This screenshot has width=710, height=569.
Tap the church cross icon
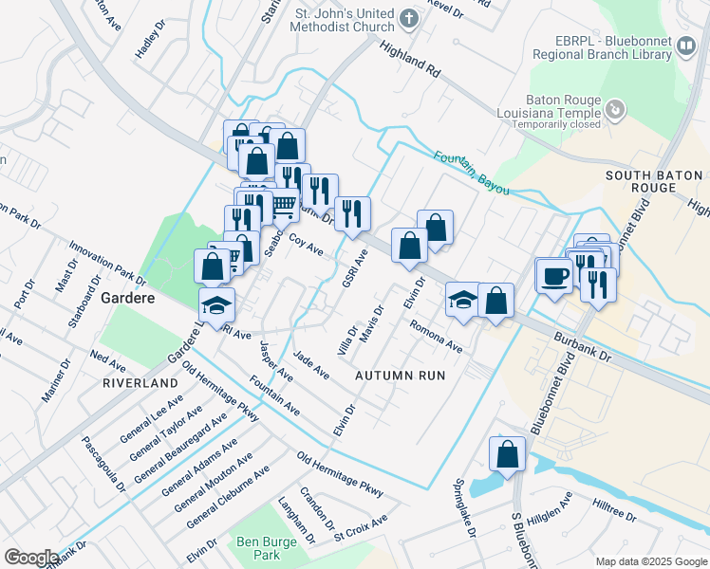coord(408,18)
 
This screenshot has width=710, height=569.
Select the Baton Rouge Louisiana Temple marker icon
coord(615,111)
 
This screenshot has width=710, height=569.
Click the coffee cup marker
coord(554,276)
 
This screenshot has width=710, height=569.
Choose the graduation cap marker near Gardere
coord(216,304)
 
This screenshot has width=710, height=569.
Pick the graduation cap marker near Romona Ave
coord(462,300)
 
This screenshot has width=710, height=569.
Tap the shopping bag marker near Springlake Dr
coord(508,453)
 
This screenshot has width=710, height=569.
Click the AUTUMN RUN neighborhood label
coord(400,376)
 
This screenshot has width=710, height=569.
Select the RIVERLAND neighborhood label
coord(142,382)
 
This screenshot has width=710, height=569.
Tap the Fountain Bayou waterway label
coord(472,174)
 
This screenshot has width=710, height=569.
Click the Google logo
coord(31,558)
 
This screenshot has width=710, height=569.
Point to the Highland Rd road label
coord(410,59)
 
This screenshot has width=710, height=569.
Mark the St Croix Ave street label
coord(361,523)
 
